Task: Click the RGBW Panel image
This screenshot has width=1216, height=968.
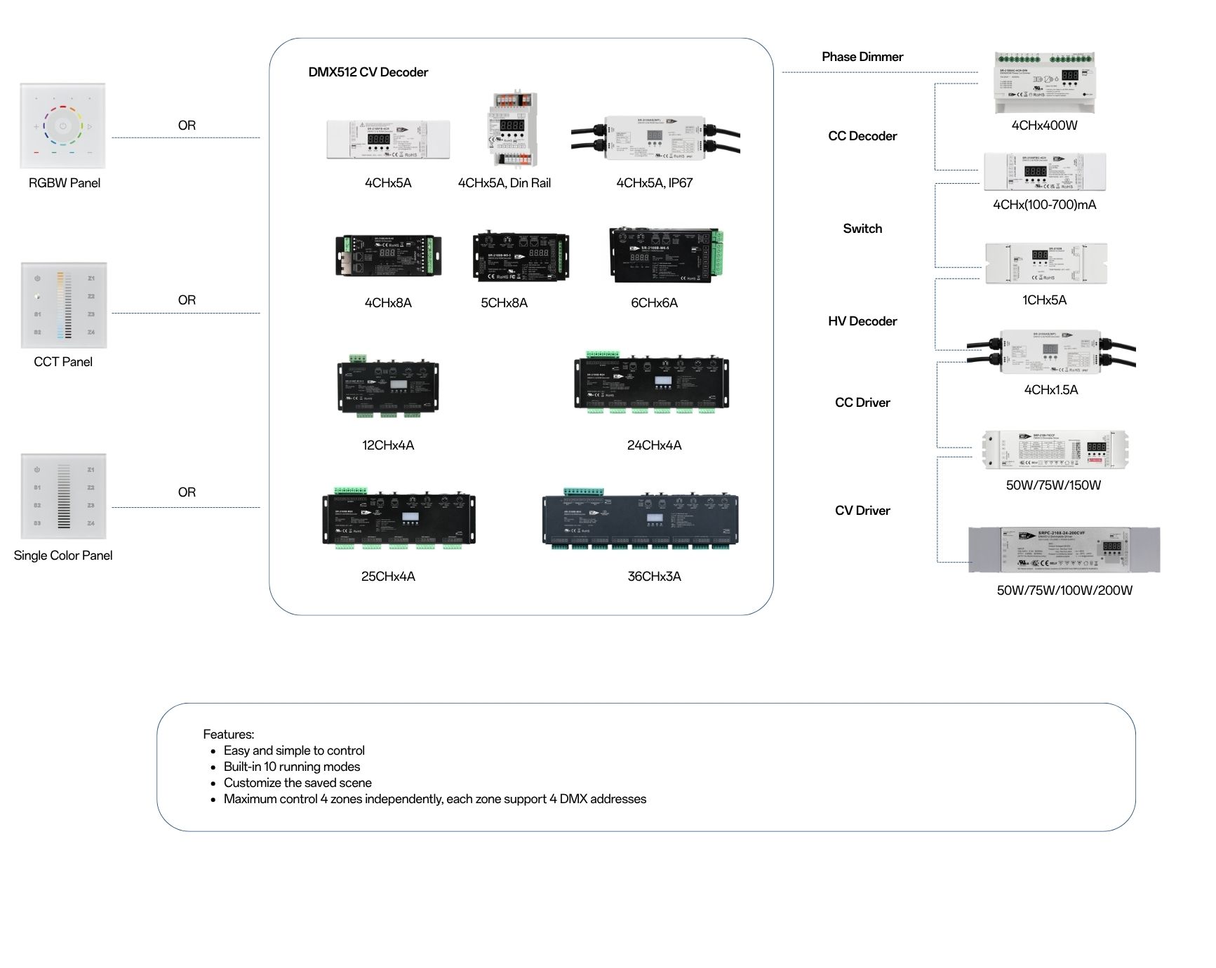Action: pyautogui.click(x=63, y=126)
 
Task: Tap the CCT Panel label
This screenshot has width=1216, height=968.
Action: pyautogui.click(x=63, y=362)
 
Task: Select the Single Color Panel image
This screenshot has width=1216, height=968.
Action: pyautogui.click(x=63, y=496)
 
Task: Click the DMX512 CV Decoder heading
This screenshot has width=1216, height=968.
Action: pyautogui.click(x=368, y=72)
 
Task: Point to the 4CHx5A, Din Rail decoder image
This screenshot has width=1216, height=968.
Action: pyautogui.click(x=512, y=129)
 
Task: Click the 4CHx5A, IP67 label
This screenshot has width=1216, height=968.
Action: pyautogui.click(x=654, y=183)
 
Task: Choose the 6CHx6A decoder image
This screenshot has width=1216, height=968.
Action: pyautogui.click(x=665, y=255)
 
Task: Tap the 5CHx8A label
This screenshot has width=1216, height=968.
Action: pyautogui.click(x=504, y=303)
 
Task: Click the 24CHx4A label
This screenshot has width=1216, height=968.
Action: pyautogui.click(x=654, y=445)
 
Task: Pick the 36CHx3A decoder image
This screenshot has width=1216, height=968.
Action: pyautogui.click(x=640, y=520)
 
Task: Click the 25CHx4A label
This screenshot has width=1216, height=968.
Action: pyautogui.click(x=388, y=577)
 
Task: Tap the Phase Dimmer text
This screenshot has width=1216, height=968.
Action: pyautogui.click(x=862, y=57)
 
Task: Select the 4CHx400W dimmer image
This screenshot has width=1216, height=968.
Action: pyautogui.click(x=1044, y=83)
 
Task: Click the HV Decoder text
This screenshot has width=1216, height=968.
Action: pyautogui.click(x=862, y=321)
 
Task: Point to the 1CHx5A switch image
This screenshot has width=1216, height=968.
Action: pyautogui.click(x=1045, y=263)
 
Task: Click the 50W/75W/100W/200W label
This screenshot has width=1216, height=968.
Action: pyautogui.click(x=1064, y=591)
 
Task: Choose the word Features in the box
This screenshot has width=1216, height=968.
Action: pyautogui.click(x=228, y=734)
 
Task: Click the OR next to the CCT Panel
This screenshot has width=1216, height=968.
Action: pyautogui.click(x=187, y=300)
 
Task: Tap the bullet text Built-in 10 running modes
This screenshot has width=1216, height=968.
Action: pyautogui.click(x=292, y=767)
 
